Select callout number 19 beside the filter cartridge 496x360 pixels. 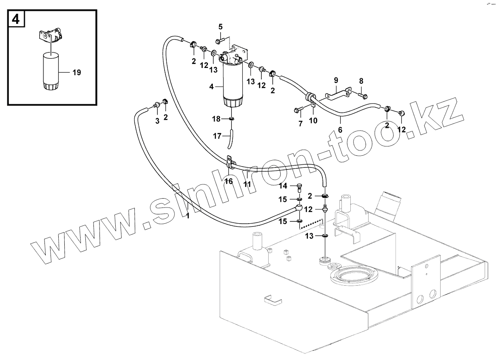pyautogui.click(x=76, y=73)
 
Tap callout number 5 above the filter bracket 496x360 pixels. pyautogui.click(x=220, y=27)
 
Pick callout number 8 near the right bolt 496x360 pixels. pyautogui.click(x=361, y=81)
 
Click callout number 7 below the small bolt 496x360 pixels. pyautogui.click(x=300, y=124)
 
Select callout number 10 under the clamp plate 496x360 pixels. pyautogui.click(x=314, y=120)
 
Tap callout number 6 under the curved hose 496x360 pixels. pyautogui.click(x=340, y=130)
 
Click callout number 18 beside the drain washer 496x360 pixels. pyautogui.click(x=217, y=119)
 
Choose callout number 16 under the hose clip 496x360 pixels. pyautogui.click(x=229, y=181)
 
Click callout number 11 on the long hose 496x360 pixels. pyautogui.click(x=247, y=184)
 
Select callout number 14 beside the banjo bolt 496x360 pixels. pyautogui.click(x=283, y=186)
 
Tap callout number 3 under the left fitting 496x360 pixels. pyautogui.click(x=157, y=121)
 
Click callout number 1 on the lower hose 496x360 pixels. pyautogui.click(x=187, y=216)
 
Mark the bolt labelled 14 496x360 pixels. pyautogui.click(x=299, y=187)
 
